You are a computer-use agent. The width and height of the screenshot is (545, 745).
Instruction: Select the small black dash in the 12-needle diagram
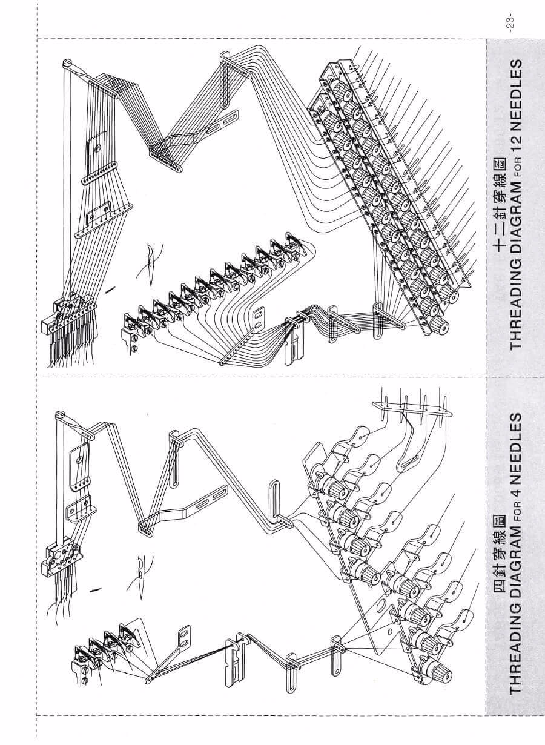110,290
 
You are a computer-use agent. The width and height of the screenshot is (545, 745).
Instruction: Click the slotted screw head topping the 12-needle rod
68,62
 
